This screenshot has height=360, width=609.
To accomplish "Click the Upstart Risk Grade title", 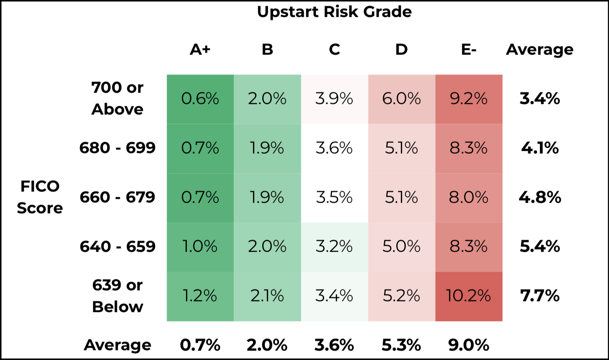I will point(334,12).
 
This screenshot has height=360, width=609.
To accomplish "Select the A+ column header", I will point(200,50).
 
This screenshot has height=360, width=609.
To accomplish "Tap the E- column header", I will point(468,50).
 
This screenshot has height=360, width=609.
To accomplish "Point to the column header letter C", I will point(334,50).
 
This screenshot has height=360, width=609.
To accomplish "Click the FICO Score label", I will point(40,197).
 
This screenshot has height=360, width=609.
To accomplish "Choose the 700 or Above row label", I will point(117,99).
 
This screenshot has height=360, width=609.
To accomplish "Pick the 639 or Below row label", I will point(117,296).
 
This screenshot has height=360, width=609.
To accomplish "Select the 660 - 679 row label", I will point(117,197).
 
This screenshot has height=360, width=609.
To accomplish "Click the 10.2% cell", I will point(469,296).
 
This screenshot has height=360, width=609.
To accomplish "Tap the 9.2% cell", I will point(469,99).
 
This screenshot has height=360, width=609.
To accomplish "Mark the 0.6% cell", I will point(200,99).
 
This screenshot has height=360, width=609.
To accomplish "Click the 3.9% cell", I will point(334,99).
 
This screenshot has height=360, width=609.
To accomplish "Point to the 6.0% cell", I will point(401,99).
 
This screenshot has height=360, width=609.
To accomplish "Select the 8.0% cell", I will point(469,198).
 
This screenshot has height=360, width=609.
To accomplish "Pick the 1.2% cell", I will point(200,296).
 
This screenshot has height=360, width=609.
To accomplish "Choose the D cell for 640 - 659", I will point(401,247).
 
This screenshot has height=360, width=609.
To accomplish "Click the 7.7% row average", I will point(539,296).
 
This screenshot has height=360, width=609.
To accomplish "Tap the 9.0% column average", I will point(469,345).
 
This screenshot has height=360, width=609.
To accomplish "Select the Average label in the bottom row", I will point(117,345).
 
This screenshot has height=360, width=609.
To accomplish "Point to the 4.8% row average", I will point(539,198).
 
